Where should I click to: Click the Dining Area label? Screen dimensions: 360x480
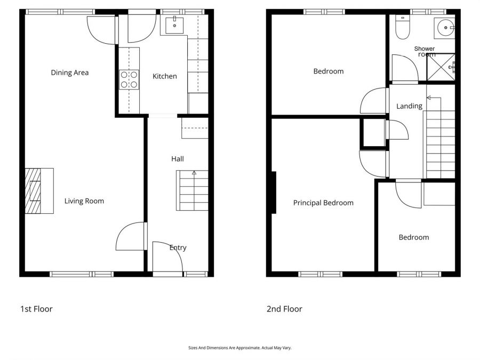click(x=69, y=73)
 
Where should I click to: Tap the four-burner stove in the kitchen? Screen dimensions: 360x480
click(x=129, y=79)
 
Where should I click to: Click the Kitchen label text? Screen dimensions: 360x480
click(x=164, y=76)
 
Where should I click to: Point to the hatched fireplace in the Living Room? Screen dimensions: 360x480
click(x=34, y=191)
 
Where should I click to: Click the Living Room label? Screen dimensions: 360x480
click(x=84, y=201)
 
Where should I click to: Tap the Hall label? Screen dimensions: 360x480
click(x=178, y=159)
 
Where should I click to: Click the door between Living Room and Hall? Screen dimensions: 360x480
click(x=130, y=236)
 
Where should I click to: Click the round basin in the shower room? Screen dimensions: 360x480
click(x=444, y=25)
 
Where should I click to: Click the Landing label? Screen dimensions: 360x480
click(x=409, y=106)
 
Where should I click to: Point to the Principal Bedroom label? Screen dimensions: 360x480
click(x=323, y=203)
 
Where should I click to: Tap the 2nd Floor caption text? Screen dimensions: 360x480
click(x=284, y=309)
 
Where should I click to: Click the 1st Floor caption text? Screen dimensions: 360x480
click(x=36, y=309)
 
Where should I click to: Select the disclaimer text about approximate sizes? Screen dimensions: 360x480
click(x=239, y=348)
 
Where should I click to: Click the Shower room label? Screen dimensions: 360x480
click(x=425, y=51)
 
